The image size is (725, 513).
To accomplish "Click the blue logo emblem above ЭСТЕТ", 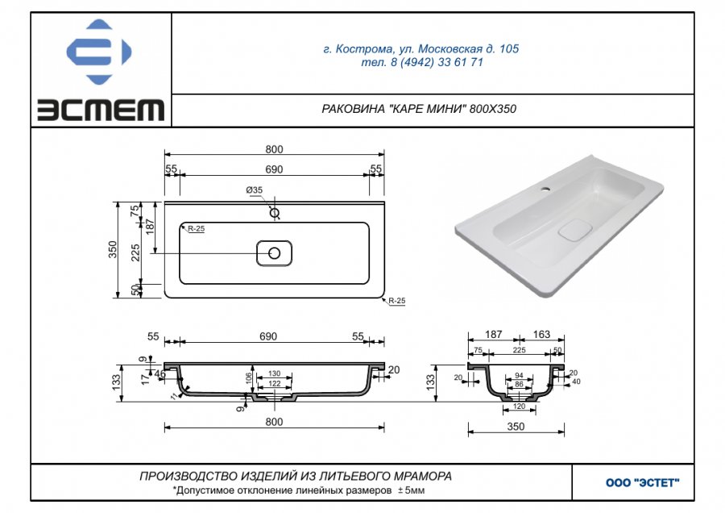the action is pos(99,52).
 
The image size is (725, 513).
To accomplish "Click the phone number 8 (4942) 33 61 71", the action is pos(437,62).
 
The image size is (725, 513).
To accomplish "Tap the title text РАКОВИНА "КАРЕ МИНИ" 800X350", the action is pos(419,109).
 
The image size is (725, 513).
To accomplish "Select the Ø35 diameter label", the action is pos(255,190).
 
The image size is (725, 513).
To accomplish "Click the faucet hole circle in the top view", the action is pos(275,213).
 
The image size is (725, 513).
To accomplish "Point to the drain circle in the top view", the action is pos(274,253).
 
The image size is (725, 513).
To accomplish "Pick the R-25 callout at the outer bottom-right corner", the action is pos(396,301).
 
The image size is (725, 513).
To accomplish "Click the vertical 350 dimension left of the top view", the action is pos(113,249).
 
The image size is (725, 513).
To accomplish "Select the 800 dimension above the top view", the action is pos(274,149).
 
